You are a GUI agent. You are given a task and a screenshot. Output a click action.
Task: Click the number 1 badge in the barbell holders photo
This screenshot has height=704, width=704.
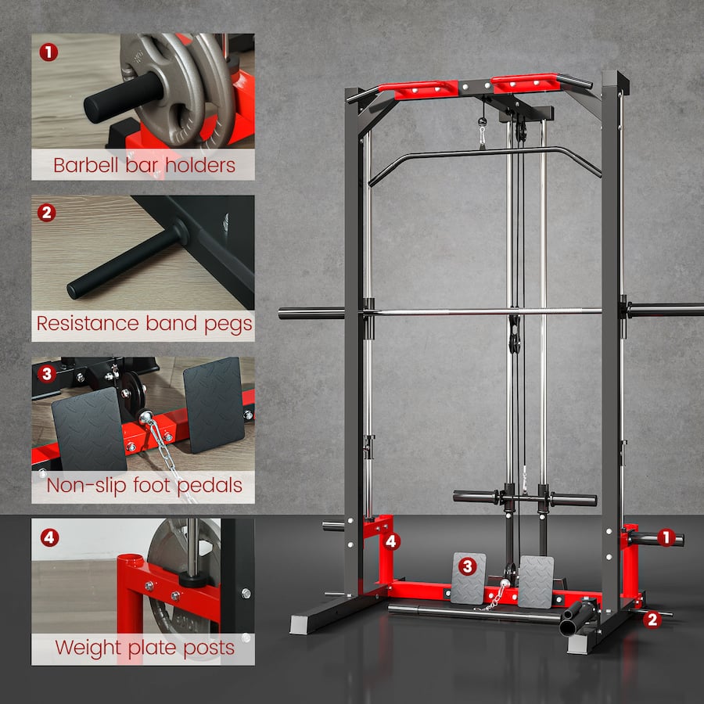48,52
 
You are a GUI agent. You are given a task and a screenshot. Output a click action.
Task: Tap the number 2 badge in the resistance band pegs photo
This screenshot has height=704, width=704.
47,212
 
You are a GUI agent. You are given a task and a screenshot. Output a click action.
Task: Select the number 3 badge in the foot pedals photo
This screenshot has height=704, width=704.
47,373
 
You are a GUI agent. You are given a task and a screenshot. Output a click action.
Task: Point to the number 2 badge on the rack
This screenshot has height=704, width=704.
651,620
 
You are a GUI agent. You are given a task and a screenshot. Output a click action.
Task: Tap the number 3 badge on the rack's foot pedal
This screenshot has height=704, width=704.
467,566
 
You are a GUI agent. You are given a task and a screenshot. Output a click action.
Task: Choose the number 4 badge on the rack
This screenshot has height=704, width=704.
392,541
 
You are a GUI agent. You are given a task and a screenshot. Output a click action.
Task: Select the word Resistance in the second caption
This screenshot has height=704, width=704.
88,324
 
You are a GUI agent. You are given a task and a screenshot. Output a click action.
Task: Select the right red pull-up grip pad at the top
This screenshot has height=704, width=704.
526,83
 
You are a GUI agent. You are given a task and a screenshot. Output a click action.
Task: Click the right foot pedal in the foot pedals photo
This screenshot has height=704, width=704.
214,404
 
